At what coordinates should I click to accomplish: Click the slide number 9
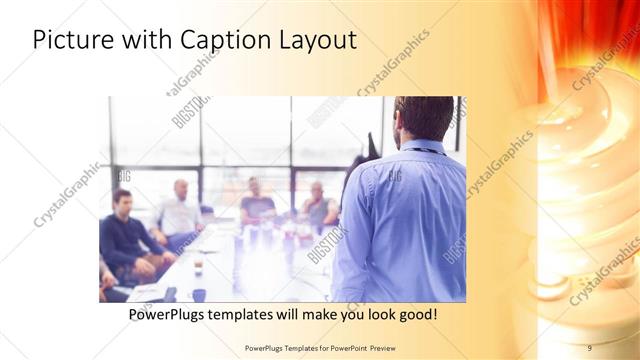click(589, 347)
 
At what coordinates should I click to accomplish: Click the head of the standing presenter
click(424, 118)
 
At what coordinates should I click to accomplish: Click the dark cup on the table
click(199, 294)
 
